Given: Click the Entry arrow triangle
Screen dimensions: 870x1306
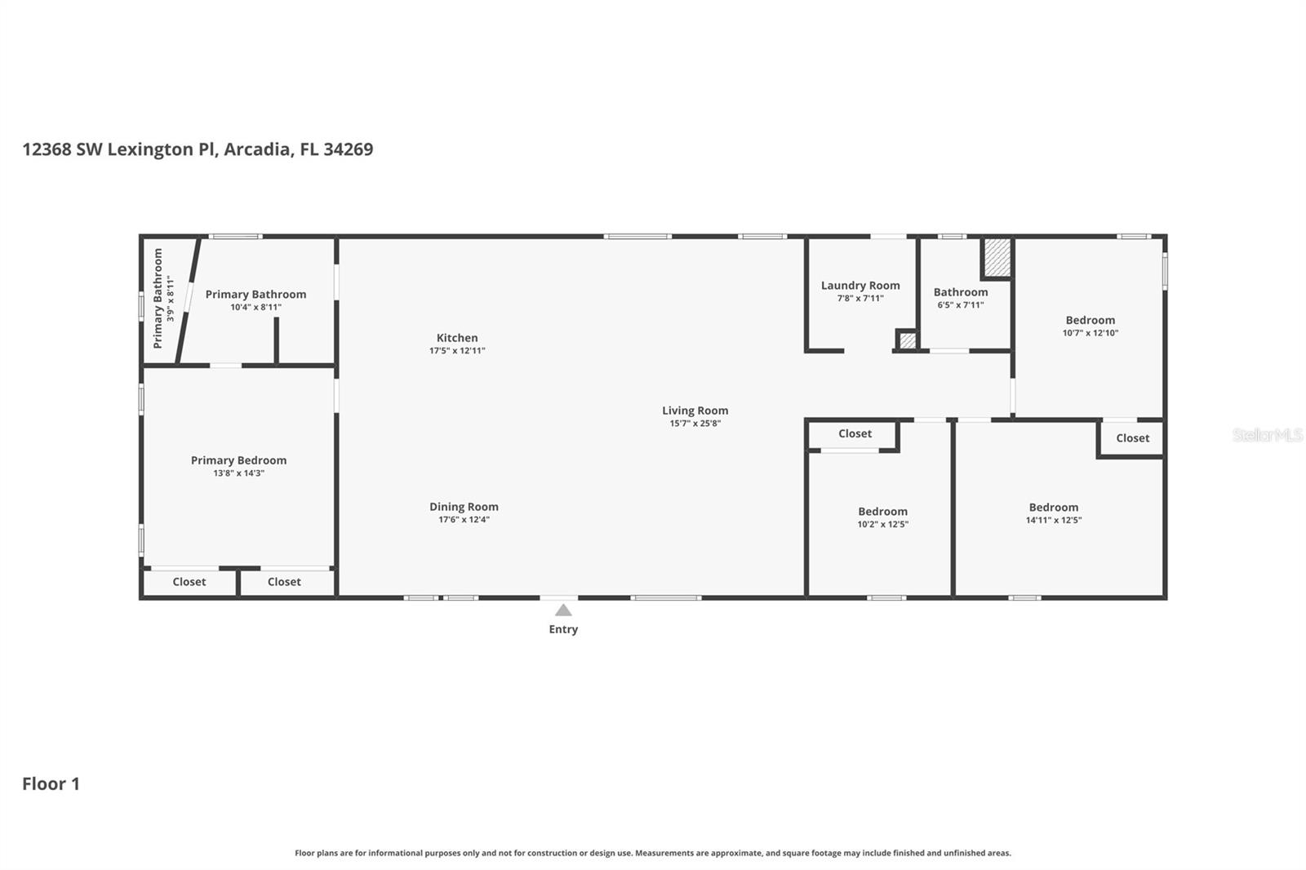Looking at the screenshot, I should (x=563, y=610).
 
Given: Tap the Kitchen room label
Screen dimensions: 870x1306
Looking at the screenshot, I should (x=457, y=338).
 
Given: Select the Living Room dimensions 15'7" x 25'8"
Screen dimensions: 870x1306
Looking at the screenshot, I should (x=695, y=424).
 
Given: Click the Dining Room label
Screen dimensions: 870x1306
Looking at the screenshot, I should (x=464, y=507).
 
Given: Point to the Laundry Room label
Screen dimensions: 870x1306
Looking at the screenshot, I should (x=860, y=286).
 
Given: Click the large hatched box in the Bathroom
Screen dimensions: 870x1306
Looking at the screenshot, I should (x=997, y=257).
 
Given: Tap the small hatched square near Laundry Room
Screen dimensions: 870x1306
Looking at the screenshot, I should (x=907, y=340).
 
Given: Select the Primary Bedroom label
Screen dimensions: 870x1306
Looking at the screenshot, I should (x=238, y=460).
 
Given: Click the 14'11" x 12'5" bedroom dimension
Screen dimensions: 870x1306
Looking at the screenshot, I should (x=1054, y=521).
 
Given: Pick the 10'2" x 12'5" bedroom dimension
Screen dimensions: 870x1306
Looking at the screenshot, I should (x=882, y=525).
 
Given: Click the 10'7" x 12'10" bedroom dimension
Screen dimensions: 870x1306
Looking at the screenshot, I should (x=1090, y=333).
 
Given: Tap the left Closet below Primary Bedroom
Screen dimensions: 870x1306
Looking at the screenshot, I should (x=189, y=582).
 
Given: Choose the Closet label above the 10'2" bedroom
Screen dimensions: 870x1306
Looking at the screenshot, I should (x=855, y=434).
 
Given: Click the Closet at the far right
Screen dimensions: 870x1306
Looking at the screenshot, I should (x=1132, y=438).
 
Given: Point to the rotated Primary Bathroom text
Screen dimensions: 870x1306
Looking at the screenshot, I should (x=158, y=299).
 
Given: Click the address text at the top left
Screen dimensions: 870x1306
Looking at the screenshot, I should (x=198, y=149).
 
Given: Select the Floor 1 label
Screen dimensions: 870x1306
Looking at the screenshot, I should (x=51, y=783).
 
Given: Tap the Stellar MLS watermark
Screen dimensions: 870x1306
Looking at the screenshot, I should (x=1267, y=435).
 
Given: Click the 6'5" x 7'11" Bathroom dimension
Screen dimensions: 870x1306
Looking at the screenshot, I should (x=961, y=305).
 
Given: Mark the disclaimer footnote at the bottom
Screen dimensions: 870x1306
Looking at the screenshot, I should (x=652, y=853).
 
